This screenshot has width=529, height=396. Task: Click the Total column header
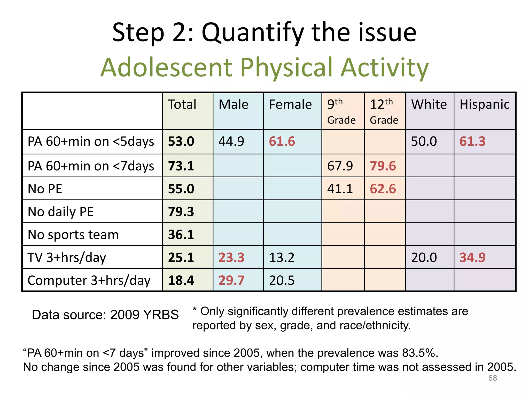point(182,104)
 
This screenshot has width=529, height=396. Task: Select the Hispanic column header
point(484,104)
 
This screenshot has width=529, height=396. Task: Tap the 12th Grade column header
point(384,111)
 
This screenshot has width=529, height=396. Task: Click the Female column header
point(290,104)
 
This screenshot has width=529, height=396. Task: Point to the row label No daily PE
point(60,212)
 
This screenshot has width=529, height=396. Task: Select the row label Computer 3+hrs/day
point(89,280)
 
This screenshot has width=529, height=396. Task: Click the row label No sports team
point(73,235)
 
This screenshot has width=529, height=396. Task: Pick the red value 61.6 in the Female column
point(282,142)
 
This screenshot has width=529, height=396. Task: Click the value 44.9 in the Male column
point(231,142)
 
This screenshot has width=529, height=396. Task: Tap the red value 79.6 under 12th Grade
point(383,166)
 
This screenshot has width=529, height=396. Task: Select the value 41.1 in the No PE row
point(340,189)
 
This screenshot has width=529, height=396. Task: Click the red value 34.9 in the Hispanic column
point(472,257)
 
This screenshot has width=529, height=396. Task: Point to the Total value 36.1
point(181,235)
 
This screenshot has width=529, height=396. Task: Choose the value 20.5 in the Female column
point(282,280)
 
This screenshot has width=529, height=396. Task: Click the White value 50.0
point(424,142)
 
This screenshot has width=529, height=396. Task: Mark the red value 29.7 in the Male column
point(231,280)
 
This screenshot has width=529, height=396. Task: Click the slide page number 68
point(493,378)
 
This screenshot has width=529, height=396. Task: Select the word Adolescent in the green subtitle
point(166,67)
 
